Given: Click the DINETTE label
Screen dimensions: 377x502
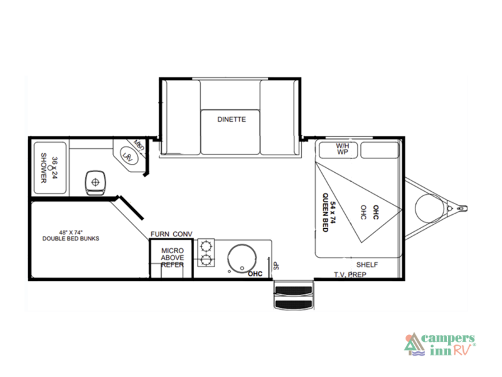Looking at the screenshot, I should click(x=232, y=119).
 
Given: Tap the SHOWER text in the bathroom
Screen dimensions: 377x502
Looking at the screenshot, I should click(x=45, y=168).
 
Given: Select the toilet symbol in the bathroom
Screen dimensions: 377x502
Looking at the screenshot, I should click(x=95, y=182).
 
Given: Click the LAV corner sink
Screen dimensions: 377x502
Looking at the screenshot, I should click(x=127, y=155).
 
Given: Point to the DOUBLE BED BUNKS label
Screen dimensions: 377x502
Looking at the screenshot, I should click(x=70, y=236).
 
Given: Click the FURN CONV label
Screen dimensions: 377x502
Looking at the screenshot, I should click(x=171, y=234).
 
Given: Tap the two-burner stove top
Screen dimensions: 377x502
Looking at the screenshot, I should click(x=205, y=253).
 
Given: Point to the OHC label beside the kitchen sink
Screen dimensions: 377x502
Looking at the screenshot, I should click(x=255, y=273).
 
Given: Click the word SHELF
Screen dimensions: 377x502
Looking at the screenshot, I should click(x=367, y=265).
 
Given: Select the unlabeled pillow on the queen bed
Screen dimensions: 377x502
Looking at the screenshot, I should click(x=380, y=150).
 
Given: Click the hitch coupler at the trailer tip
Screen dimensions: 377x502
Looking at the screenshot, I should click(x=462, y=205).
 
